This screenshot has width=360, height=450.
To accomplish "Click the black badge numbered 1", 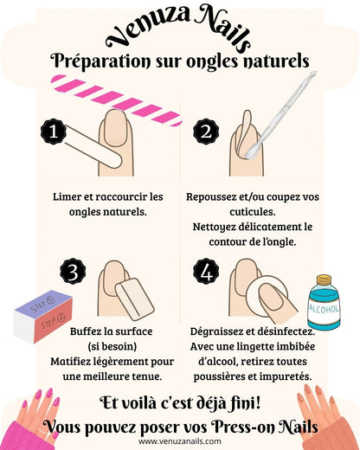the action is [54, 132].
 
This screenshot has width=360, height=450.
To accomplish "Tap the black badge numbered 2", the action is [206, 132].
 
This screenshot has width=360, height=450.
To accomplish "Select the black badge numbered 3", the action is [73, 272].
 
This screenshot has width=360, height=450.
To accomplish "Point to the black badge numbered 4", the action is [206, 272].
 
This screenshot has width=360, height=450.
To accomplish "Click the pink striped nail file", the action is [117, 100].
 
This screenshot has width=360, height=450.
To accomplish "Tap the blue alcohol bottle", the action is [324, 303].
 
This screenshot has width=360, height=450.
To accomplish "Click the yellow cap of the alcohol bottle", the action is [324, 280].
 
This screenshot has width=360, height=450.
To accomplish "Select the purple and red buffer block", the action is [43, 317].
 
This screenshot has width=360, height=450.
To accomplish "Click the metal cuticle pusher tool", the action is [281, 114].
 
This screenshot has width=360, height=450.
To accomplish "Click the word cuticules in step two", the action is [253, 212].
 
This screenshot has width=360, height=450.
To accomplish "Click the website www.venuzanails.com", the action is [180, 441].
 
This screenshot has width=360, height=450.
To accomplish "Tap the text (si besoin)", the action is [112, 346].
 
